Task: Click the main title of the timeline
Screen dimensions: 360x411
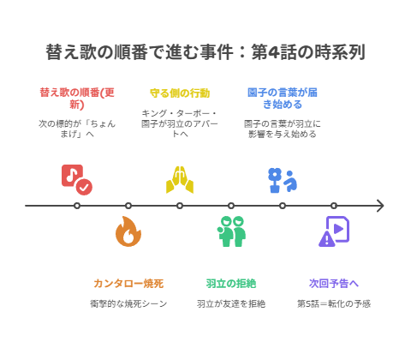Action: pos(205,52)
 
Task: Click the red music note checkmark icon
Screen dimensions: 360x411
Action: pos(76,179)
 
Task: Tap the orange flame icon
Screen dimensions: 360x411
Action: pos(128,232)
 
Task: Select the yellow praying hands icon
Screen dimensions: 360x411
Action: pos(180,180)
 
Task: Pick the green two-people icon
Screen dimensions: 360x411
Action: pos(231,232)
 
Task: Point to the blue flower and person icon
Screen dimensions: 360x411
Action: pos(282,179)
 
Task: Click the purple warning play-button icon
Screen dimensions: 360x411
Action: pos(334,232)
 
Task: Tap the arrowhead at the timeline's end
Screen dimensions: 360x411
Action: pos(379,206)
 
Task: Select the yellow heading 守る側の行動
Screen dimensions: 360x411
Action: pos(180,93)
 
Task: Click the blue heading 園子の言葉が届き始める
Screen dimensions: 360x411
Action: pos(283,98)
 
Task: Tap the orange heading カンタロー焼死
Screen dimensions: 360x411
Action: pos(128,283)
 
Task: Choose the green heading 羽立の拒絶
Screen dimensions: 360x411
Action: pos(231,283)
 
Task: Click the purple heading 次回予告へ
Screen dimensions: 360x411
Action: pos(334,283)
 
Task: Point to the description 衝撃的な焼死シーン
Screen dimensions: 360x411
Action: pos(128,303)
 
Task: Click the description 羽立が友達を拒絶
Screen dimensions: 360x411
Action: pos(231,303)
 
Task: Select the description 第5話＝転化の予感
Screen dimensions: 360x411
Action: pos(334,303)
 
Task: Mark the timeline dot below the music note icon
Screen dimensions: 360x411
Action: pos(77,206)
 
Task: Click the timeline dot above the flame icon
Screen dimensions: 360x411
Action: pos(128,206)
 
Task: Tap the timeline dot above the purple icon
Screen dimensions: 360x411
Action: pos(334,206)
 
